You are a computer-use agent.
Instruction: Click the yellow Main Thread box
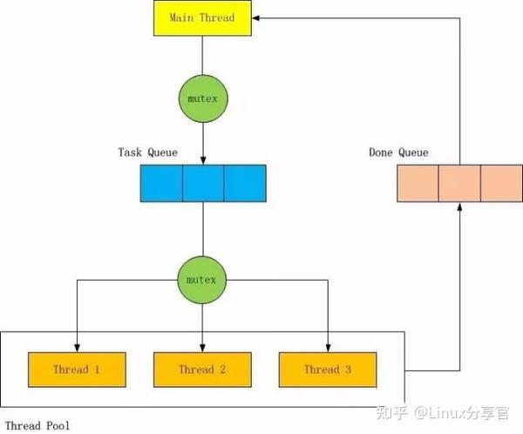click(202, 18)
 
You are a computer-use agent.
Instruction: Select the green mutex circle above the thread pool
click(202, 281)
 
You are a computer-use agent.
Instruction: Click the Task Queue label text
click(148, 153)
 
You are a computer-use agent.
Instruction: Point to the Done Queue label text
click(399, 153)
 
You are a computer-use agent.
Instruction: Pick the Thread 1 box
click(77, 370)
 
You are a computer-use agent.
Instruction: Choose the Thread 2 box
click(202, 370)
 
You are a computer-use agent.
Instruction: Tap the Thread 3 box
click(328, 370)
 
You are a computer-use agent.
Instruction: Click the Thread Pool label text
click(37, 424)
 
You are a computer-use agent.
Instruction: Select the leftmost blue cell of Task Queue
click(161, 184)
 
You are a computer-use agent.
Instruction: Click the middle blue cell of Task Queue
click(203, 184)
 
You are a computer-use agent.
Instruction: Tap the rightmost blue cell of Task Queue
click(245, 184)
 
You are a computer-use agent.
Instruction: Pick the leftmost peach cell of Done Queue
click(418, 184)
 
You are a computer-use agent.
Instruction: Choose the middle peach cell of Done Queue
click(459, 184)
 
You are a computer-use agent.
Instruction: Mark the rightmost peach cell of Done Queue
click(501, 184)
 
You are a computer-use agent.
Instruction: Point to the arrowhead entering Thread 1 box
click(77, 347)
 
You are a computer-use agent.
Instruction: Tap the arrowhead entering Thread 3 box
click(328, 347)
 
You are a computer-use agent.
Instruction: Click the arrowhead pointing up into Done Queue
click(459, 208)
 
